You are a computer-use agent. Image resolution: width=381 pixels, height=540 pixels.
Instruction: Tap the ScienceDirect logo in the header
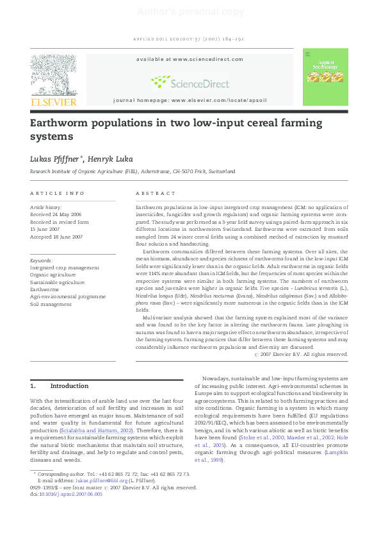[190, 81]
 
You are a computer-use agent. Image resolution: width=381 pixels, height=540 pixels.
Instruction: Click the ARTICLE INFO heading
[58, 193]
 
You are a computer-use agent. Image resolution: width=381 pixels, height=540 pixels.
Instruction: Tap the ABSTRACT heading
[156, 193]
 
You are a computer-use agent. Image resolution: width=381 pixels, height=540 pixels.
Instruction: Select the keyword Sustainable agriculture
[57, 282]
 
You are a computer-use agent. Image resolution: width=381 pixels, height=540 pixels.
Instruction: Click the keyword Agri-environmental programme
[66, 296]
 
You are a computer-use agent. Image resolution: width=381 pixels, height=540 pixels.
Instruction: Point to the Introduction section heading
[69, 386]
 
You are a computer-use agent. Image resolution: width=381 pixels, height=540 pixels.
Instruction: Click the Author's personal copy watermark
[190, 12]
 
